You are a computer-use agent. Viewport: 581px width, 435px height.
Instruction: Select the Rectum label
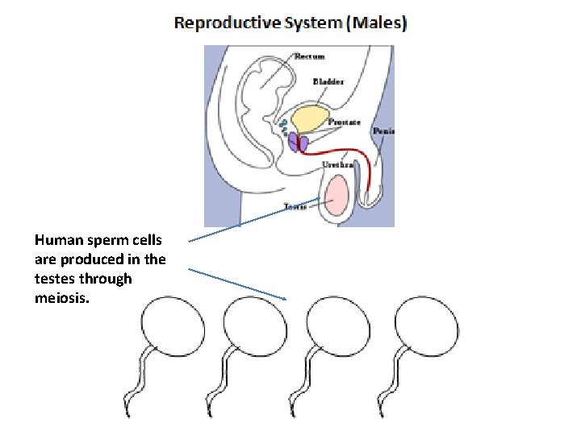[310, 56]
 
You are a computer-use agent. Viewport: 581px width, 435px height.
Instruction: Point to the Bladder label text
[328, 81]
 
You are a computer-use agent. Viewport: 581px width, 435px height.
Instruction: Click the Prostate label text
[345, 122]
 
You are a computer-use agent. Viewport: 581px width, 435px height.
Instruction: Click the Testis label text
[295, 207]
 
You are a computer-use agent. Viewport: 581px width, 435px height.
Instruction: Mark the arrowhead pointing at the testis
[321, 199]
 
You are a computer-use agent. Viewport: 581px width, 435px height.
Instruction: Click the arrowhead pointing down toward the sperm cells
[285, 299]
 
